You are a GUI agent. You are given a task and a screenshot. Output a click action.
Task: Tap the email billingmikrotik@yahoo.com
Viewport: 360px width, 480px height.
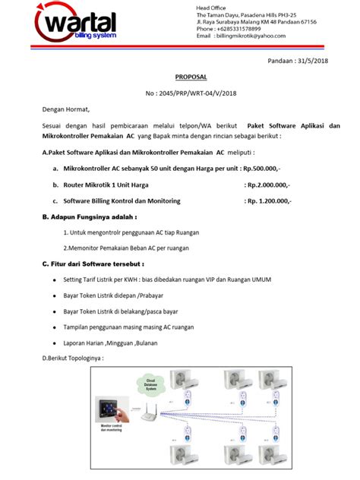[x=251, y=36]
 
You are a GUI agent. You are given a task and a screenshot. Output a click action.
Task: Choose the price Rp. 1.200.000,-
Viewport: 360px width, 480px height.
[x=269, y=201]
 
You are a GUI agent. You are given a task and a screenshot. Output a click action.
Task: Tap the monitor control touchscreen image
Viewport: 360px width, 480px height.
[x=111, y=411]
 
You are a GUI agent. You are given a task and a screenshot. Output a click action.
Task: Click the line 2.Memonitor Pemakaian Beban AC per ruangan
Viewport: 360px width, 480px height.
[x=124, y=248]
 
